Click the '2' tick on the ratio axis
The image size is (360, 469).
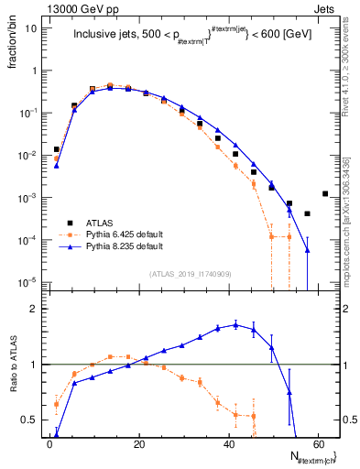click(x=36, y=309)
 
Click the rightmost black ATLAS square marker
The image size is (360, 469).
click(x=325, y=193)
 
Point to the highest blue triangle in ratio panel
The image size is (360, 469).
click(x=235, y=324)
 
